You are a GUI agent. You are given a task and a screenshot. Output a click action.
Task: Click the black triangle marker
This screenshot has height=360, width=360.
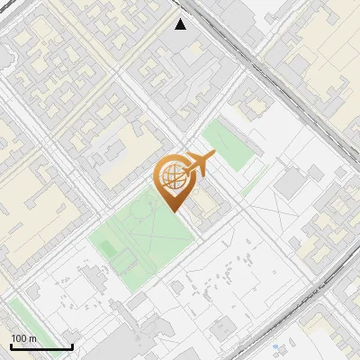181,23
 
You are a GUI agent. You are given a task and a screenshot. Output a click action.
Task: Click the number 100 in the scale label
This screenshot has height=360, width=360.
19,338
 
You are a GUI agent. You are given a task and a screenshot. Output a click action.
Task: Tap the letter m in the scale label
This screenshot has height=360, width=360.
32,338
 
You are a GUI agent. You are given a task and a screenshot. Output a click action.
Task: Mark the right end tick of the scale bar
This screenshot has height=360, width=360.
72,346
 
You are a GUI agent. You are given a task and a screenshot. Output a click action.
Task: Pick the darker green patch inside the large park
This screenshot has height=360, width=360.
126,262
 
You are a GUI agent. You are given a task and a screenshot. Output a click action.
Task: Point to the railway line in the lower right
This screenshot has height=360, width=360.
306,315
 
